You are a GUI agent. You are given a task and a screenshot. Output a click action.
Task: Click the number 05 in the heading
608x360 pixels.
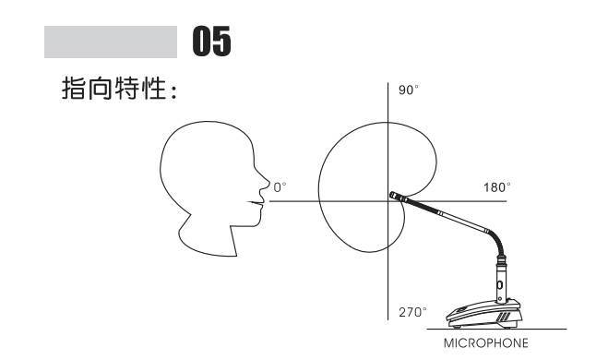click(212, 42)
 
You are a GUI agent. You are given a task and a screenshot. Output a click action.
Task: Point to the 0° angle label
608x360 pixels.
click(280, 187)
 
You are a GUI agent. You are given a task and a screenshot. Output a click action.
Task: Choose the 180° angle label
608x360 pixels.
click(496, 187)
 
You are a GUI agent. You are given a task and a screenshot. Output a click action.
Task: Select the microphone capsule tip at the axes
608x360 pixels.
click(395, 197)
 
